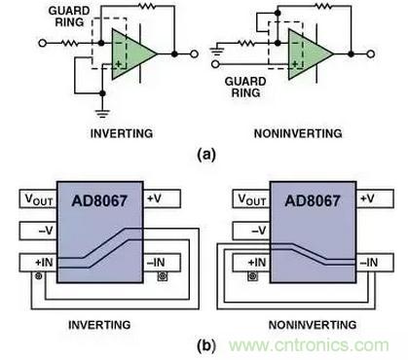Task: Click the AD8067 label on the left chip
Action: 99,200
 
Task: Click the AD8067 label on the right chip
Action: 313,200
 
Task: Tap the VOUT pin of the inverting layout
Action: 38,198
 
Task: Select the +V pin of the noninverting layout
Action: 375,198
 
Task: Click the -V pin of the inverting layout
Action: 38,231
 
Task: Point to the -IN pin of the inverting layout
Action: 162,263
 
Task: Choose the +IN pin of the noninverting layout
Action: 251,263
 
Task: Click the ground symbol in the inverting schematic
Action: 102,114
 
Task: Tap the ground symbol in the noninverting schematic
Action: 217,52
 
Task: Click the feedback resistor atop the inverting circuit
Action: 147,6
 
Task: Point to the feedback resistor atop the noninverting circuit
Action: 323,6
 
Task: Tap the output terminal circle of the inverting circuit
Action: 194,54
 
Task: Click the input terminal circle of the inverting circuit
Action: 42,43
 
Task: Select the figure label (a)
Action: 206,155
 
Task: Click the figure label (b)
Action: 206,345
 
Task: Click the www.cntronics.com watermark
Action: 309,345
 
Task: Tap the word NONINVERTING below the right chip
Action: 313,325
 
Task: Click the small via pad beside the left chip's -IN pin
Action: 163,276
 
